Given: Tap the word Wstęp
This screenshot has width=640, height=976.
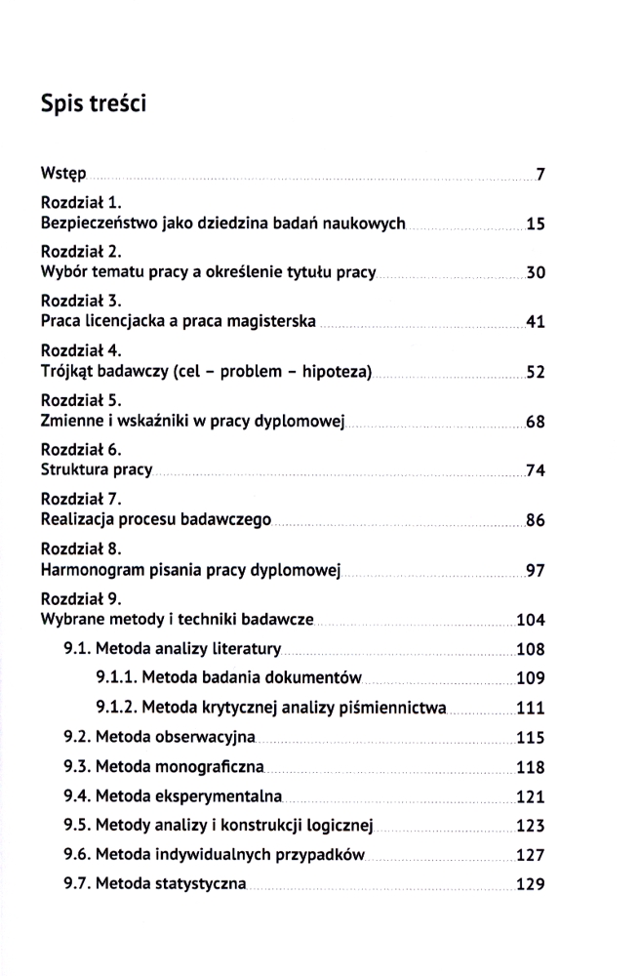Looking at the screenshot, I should pos(62,175).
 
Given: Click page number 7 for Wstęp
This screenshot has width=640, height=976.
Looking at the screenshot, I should pos(539,176).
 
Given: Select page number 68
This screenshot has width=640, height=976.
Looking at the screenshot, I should pos(535,423).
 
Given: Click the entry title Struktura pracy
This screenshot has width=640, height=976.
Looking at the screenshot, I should pos(97,470).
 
